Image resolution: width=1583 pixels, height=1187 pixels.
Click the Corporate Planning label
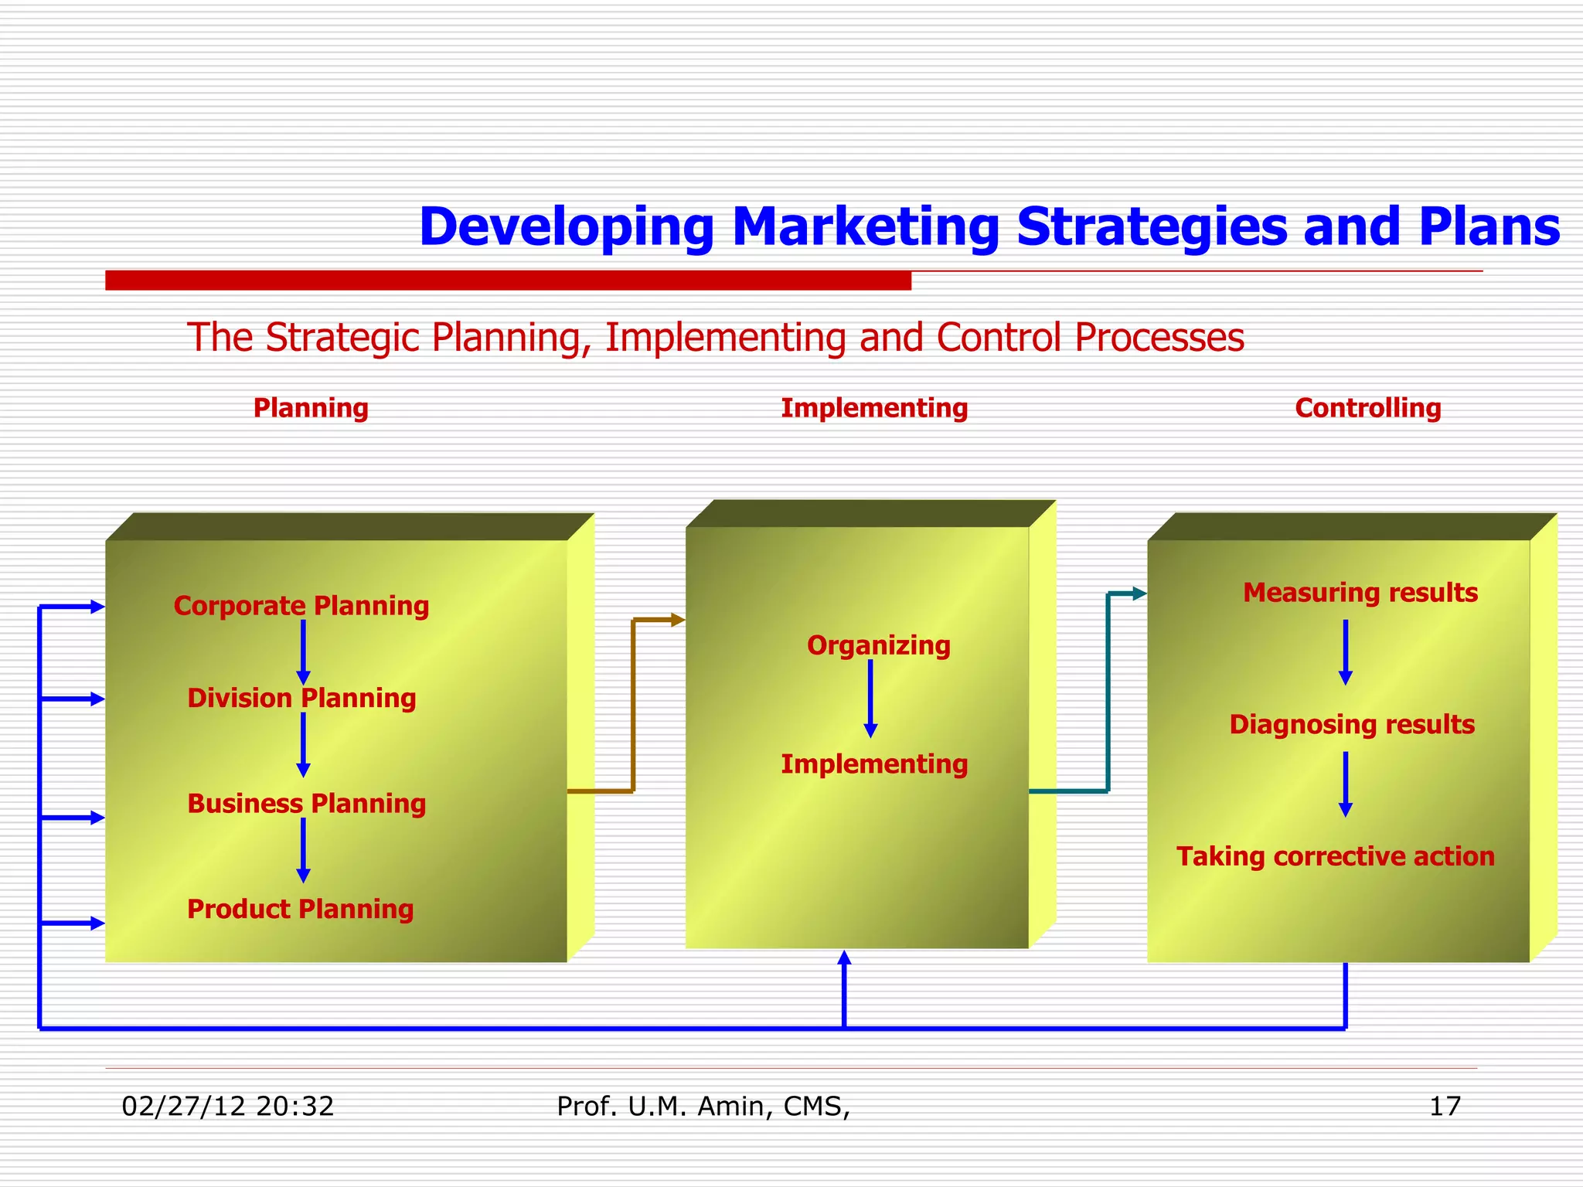click(x=301, y=606)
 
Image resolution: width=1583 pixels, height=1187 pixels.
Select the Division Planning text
click(x=301, y=699)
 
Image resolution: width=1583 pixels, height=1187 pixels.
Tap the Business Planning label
click(x=306, y=804)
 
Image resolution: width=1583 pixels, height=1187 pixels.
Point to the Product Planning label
click(x=300, y=910)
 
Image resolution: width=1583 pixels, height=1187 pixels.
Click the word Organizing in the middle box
click(x=878, y=645)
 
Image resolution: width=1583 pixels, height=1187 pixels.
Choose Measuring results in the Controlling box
click(x=1360, y=593)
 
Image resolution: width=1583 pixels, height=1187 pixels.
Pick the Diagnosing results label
click(x=1352, y=725)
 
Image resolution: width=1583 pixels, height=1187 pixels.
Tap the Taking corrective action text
click(x=1335, y=857)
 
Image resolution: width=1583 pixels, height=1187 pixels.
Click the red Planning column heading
click(x=311, y=408)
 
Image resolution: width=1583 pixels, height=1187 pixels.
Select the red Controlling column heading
click(x=1367, y=408)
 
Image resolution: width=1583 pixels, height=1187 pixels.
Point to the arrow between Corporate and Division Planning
click(x=303, y=652)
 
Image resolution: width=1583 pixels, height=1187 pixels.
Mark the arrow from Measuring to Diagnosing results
click(x=1345, y=652)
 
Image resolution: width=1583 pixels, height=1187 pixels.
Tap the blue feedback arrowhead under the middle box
click(x=844, y=959)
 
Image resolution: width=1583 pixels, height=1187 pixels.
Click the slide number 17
click(x=1445, y=1107)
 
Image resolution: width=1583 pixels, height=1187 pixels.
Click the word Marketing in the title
click(x=866, y=227)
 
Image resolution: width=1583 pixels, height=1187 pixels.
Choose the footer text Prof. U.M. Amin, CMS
click(x=703, y=1107)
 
